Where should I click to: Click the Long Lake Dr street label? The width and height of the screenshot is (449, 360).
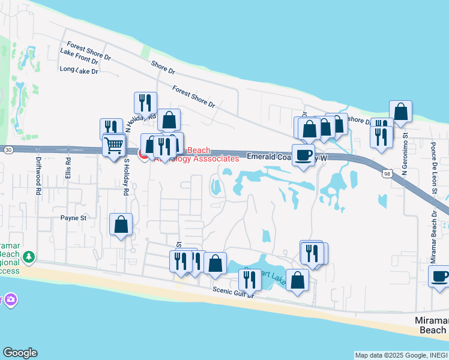[79, 70]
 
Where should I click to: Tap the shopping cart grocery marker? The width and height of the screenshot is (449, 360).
[113, 145]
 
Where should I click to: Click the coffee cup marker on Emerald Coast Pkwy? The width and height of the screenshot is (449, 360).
[304, 155]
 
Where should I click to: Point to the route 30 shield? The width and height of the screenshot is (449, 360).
[7, 149]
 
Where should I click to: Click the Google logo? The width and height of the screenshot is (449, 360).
[20, 353]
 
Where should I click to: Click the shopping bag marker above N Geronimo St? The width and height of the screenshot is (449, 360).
[400, 111]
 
